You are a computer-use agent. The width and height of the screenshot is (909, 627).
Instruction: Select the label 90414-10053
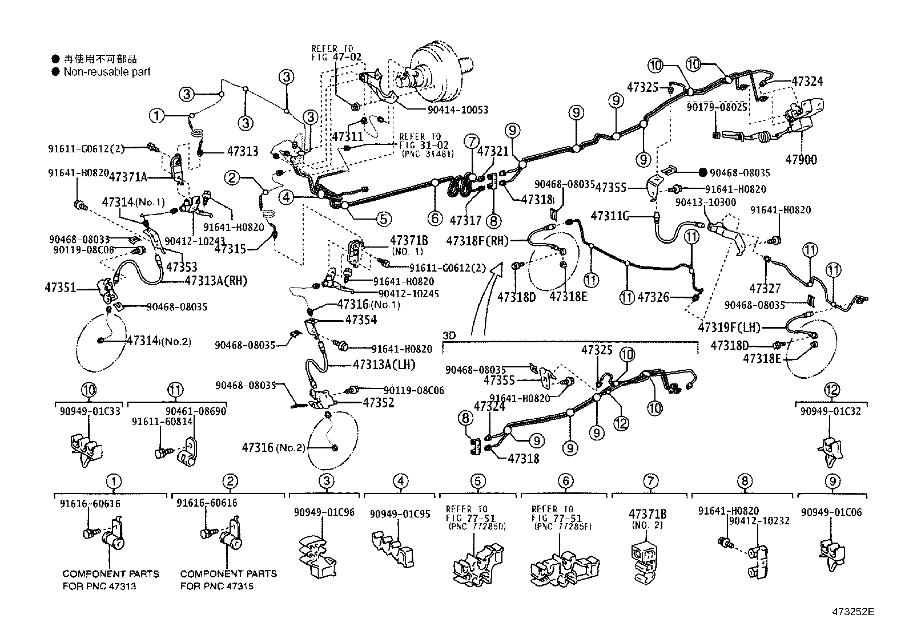[457, 110]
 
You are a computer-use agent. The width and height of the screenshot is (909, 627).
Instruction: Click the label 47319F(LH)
[730, 327]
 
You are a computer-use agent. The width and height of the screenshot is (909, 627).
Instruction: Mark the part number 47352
[378, 402]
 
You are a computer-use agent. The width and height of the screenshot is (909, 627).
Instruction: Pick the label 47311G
[610, 216]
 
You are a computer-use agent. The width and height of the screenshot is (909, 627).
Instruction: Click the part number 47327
[765, 289]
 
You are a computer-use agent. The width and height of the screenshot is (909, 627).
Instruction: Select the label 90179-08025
[717, 107]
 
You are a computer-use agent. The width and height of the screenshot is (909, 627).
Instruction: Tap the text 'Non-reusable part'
[107, 71]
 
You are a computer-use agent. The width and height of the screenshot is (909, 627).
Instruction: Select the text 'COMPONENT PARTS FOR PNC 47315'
[228, 580]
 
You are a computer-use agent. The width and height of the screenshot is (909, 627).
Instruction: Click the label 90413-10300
[705, 203]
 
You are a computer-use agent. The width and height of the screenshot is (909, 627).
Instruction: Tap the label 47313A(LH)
[384, 365]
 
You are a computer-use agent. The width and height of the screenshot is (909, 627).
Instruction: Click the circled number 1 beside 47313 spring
[156, 116]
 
